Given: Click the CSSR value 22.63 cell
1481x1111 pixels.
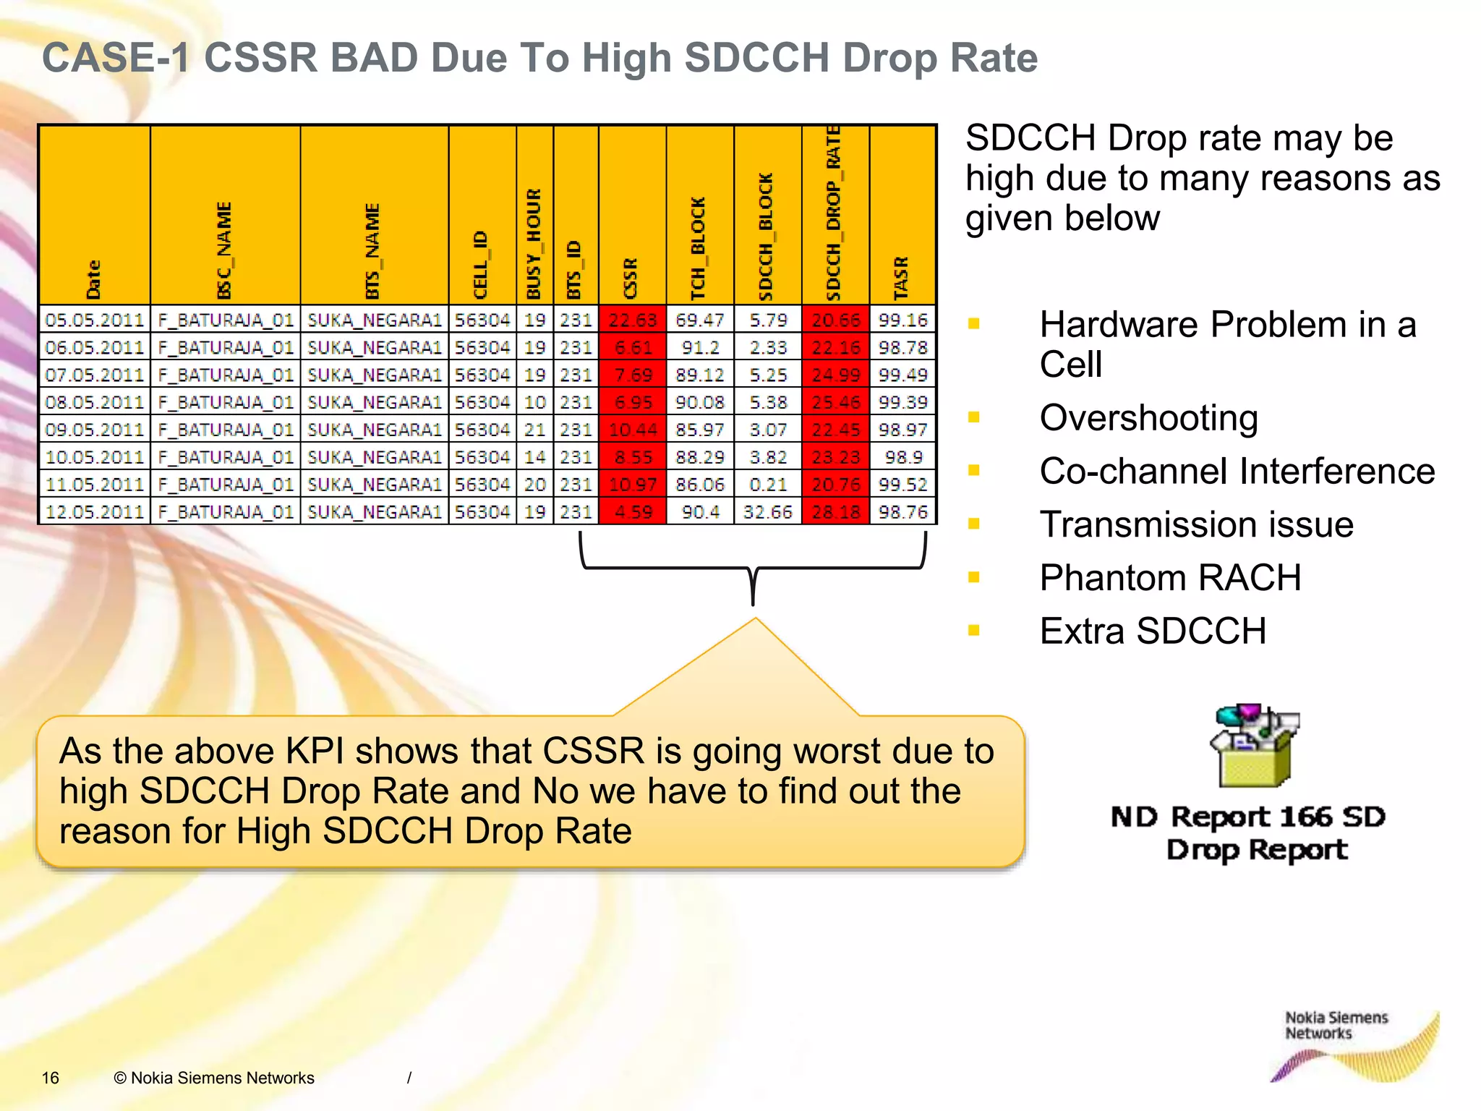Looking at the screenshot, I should [633, 320].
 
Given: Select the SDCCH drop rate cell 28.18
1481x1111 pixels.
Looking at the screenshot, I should [836, 512].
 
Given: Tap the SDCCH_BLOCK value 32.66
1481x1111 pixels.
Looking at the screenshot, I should [768, 512].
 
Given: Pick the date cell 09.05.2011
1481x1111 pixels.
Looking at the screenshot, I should [95, 430].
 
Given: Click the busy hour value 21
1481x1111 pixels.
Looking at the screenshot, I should [535, 430].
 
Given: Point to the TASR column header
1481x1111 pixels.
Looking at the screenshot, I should [902, 278].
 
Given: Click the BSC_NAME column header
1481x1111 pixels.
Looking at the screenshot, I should [225, 250].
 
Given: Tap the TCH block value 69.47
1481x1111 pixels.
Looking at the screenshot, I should [700, 320].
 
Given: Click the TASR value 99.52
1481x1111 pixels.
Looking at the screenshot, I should [902, 485].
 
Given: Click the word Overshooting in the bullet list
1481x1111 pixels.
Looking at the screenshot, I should [1148, 418].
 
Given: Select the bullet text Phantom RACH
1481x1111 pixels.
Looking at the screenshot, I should [1170, 578].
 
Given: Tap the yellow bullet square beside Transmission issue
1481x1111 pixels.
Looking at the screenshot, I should [974, 524].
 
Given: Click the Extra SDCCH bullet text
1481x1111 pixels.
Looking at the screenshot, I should [1153, 631].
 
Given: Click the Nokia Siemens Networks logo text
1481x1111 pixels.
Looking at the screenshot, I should [1336, 1026].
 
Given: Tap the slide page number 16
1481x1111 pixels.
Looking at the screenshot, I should [51, 1078].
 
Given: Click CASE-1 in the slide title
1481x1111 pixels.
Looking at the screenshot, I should [116, 58].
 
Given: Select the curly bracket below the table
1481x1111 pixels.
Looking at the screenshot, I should [753, 568].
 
